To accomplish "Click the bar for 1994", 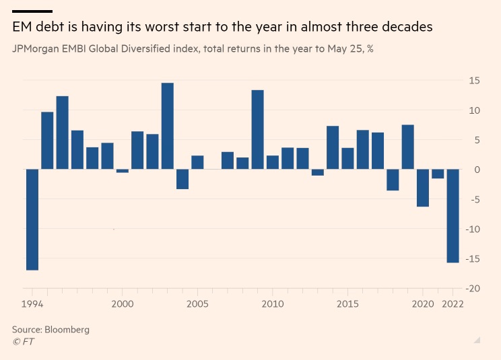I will (32, 219).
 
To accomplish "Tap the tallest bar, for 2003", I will (168, 126).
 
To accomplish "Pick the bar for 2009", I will (257, 129).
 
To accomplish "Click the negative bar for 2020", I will (422, 188).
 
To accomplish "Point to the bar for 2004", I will (182, 179).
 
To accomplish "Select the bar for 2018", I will (393, 180).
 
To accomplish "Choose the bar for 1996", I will (63, 133).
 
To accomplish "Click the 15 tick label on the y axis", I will (474, 81).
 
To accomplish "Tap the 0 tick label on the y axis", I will (477, 170).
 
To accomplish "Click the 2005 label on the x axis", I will (197, 304).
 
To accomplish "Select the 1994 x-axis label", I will (32, 304).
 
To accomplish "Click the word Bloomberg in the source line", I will (67, 330).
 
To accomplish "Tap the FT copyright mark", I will (23, 342).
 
